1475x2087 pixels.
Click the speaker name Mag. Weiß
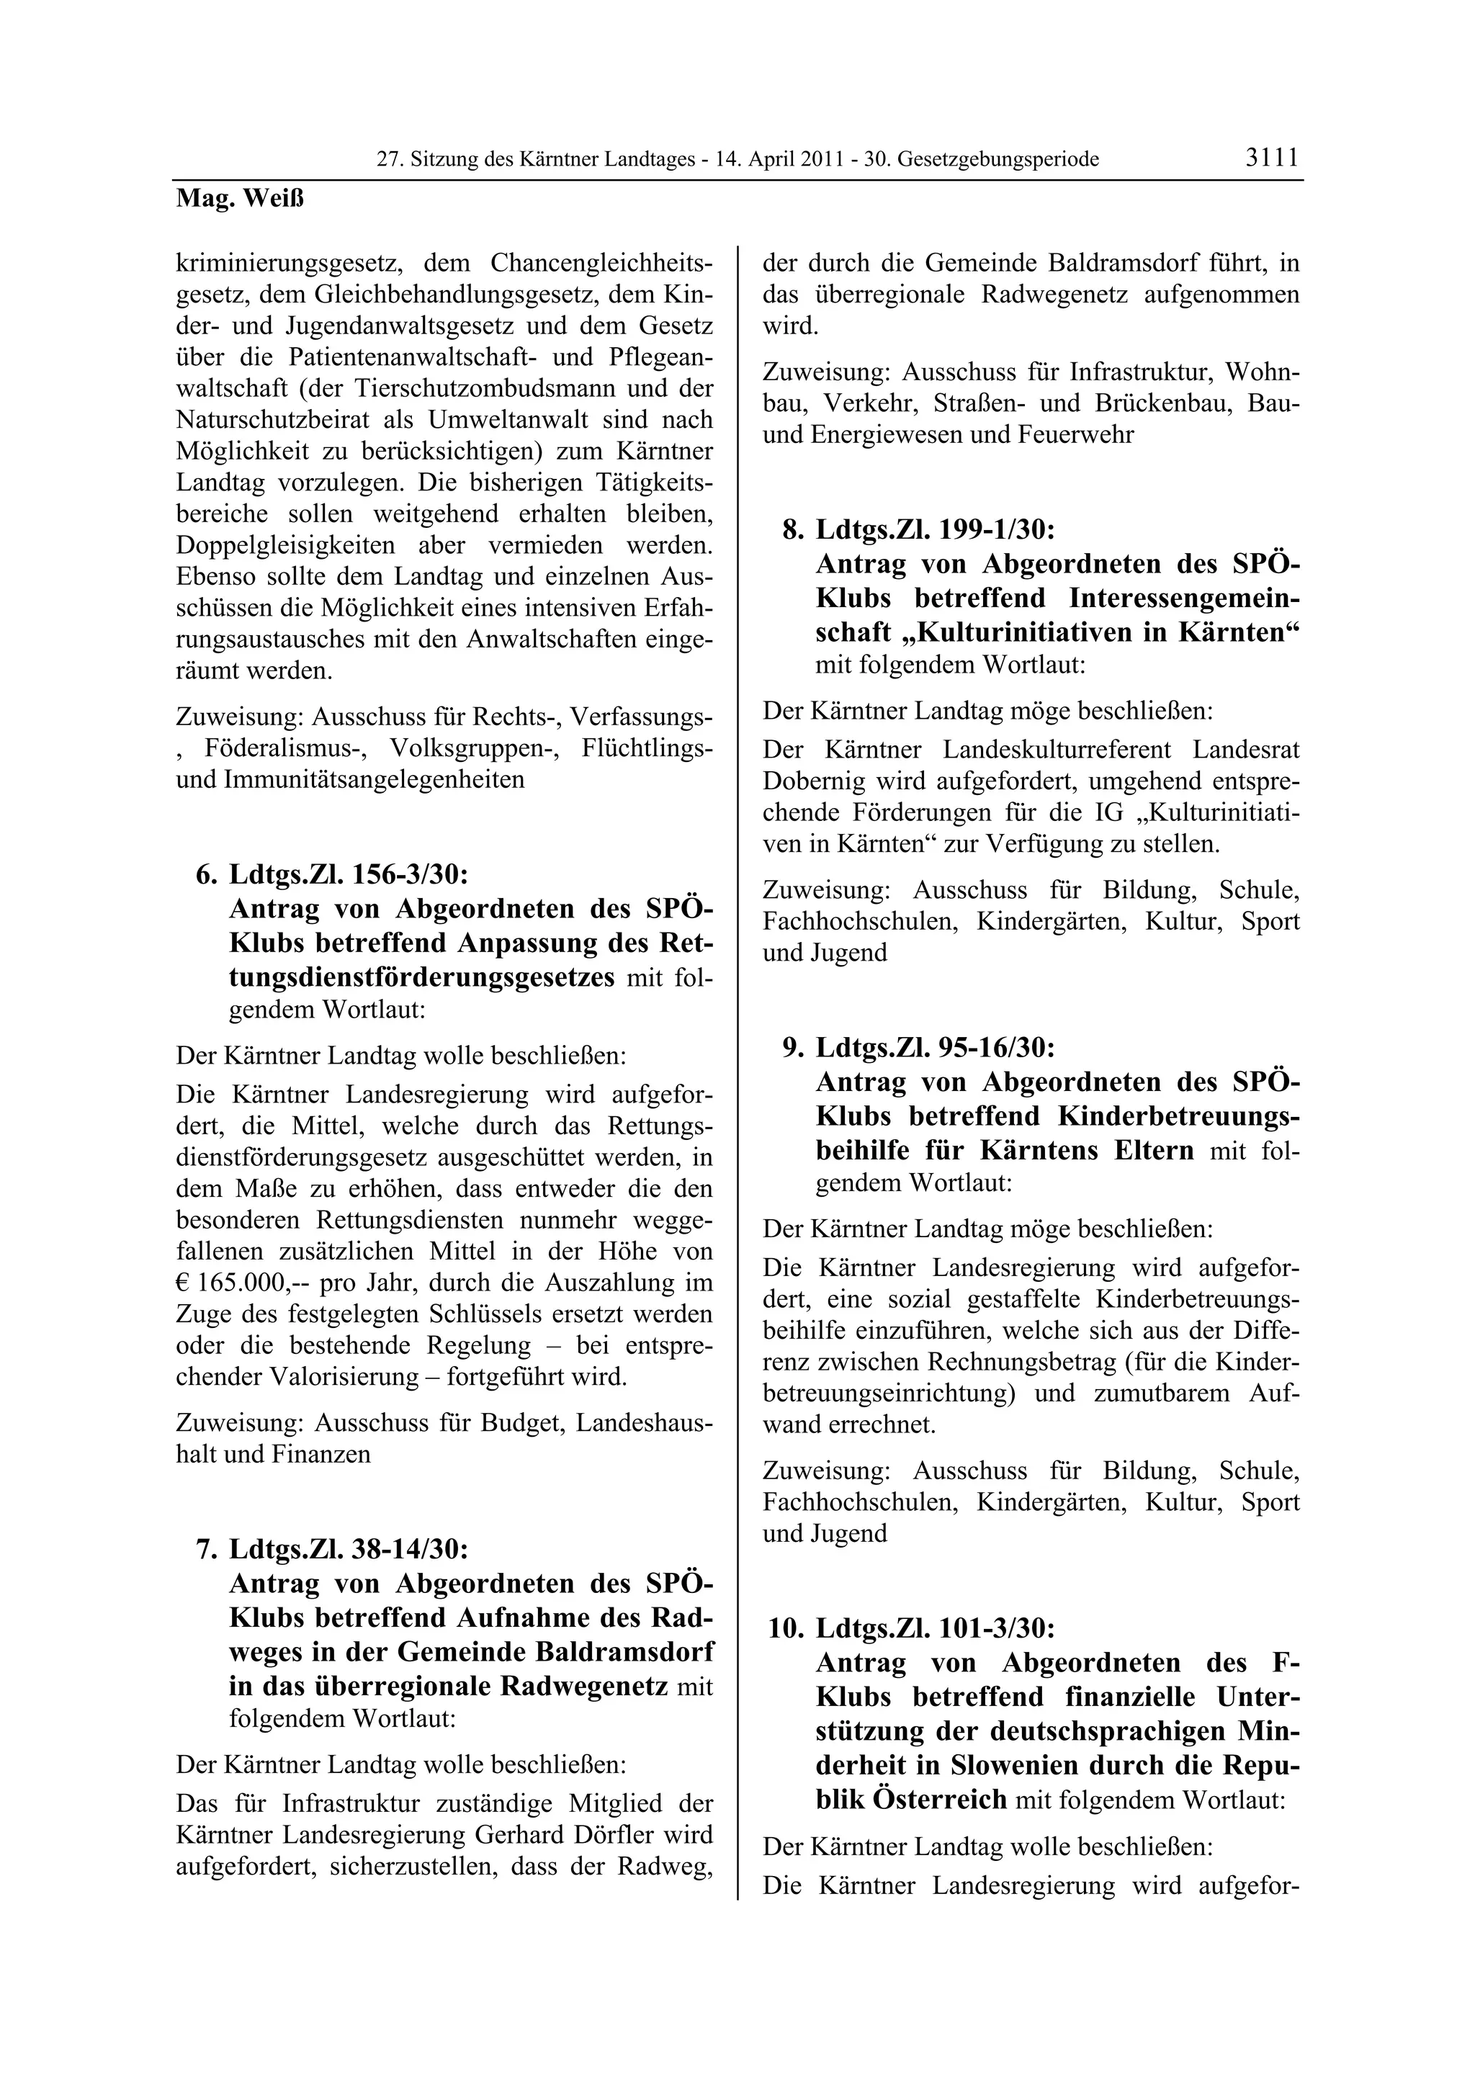[x=239, y=199]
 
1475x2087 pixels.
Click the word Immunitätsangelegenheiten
[x=375, y=779]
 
